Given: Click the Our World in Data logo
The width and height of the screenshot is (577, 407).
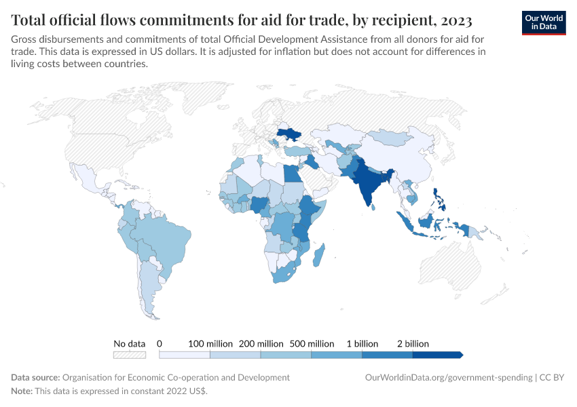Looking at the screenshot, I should pyautogui.click(x=543, y=22).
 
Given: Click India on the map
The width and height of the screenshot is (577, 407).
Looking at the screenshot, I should pyautogui.click(x=368, y=183).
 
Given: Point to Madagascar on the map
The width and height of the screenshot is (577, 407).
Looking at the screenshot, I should pyautogui.click(x=322, y=258).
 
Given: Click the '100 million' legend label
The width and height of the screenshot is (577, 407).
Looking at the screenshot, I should pyautogui.click(x=210, y=344).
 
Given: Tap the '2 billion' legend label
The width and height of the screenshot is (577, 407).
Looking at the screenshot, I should pyautogui.click(x=413, y=344).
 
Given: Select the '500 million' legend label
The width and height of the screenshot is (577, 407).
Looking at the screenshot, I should pyautogui.click(x=312, y=344).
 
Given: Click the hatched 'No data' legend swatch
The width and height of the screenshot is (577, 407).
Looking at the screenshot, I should pyautogui.click(x=129, y=355).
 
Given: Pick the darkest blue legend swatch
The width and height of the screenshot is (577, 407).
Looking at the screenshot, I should pyautogui.click(x=437, y=355).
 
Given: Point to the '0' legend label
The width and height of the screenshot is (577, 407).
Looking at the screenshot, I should pyautogui.click(x=160, y=344).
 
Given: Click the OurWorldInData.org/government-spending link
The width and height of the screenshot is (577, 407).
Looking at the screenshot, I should pyautogui.click(x=448, y=377).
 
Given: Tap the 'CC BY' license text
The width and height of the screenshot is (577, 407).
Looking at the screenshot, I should pyautogui.click(x=553, y=377).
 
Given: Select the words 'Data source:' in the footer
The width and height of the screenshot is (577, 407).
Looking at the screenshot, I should pyautogui.click(x=35, y=377).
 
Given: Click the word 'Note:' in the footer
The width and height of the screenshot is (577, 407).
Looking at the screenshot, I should pyautogui.click(x=24, y=391).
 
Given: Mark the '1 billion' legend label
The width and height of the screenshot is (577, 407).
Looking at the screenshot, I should pyautogui.click(x=362, y=344).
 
